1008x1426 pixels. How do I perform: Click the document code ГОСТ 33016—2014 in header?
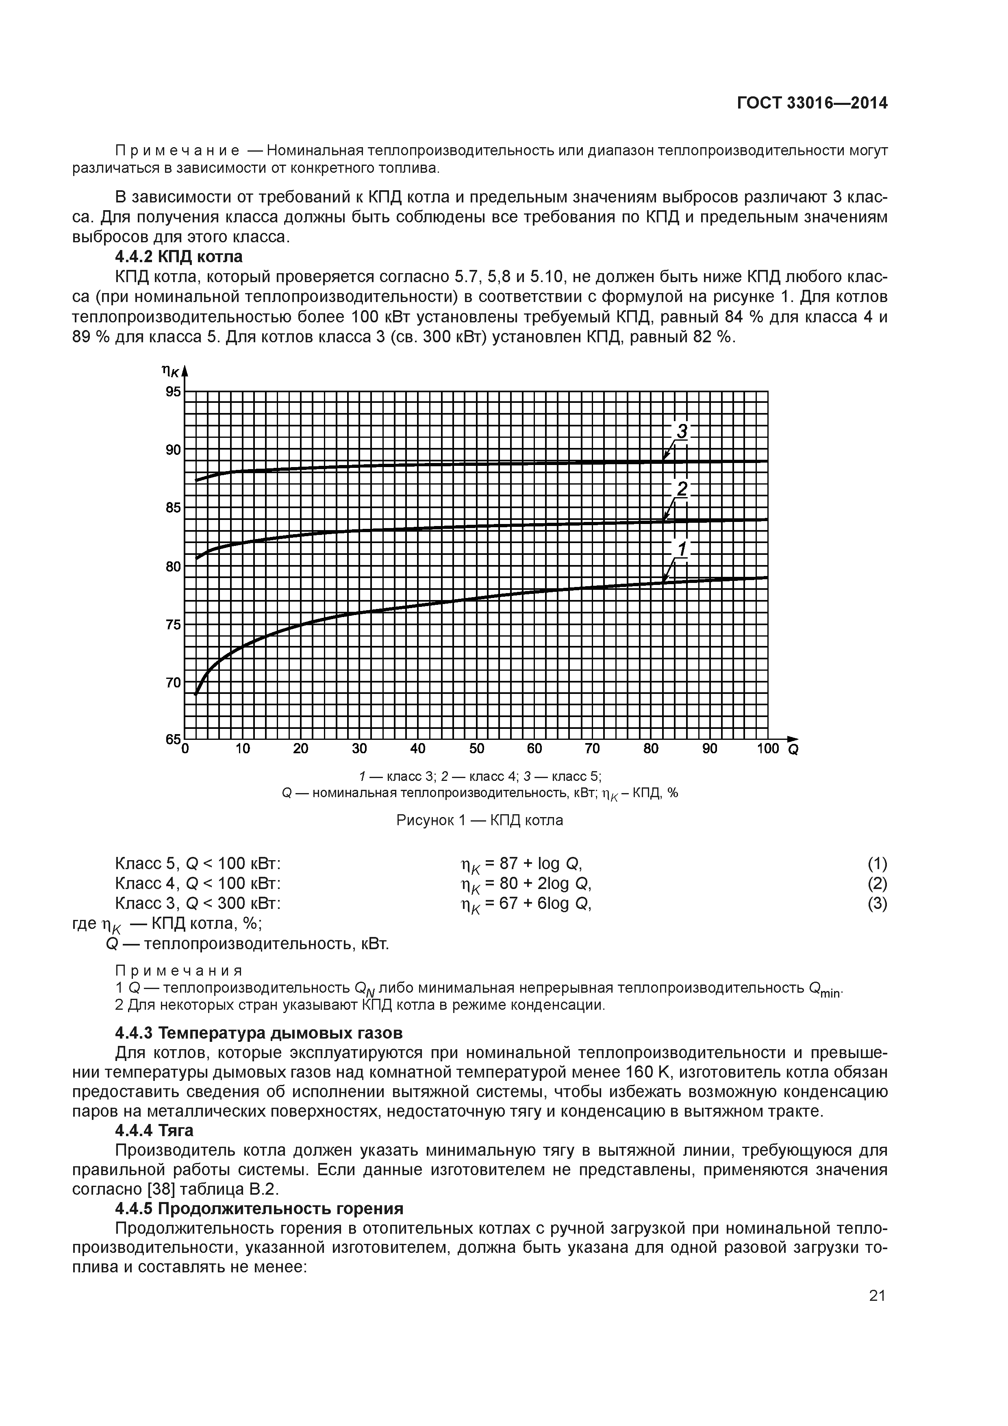tap(812, 103)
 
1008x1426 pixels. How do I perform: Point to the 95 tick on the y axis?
tap(173, 391)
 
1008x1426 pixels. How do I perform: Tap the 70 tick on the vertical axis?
tap(173, 682)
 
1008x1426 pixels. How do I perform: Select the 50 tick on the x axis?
tap(476, 748)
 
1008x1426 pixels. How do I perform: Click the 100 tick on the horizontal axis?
tap(768, 748)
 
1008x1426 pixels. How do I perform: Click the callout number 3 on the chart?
tap(682, 431)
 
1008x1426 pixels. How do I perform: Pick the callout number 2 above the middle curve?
tap(682, 489)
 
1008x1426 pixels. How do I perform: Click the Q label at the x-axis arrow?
tap(793, 750)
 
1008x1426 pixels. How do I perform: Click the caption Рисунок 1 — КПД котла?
tap(480, 820)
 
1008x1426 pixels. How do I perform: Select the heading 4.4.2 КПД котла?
tap(179, 257)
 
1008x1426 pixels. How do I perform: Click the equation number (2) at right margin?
tap(877, 883)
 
